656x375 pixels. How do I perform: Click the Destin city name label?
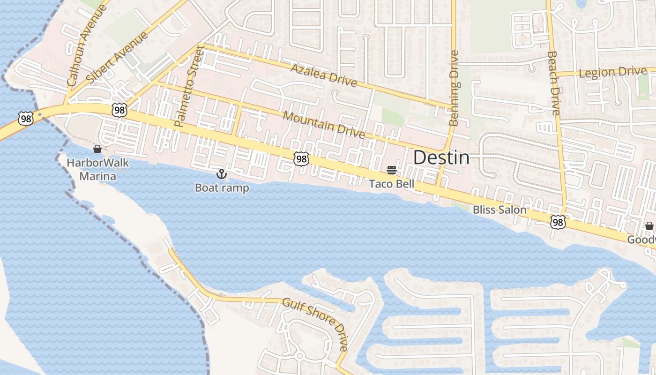pos(441,158)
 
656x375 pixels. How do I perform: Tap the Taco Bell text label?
pos(392,184)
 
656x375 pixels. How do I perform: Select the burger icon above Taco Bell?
pos(392,170)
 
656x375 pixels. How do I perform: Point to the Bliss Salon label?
pos(499,210)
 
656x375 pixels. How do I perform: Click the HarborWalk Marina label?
pos(97,170)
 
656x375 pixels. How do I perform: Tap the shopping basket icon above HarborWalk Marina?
pos(97,149)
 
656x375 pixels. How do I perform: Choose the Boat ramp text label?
pos(222,188)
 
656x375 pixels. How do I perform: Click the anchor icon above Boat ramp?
pos(221,174)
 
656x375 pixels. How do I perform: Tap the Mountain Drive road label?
pos(323,125)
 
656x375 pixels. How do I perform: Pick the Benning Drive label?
pos(454,88)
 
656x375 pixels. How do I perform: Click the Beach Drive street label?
pos(553,82)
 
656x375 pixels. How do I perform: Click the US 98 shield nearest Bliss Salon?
pos(558,222)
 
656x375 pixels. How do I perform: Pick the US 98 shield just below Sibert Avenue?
pos(119,110)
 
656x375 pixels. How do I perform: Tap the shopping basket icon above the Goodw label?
pos(649,226)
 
